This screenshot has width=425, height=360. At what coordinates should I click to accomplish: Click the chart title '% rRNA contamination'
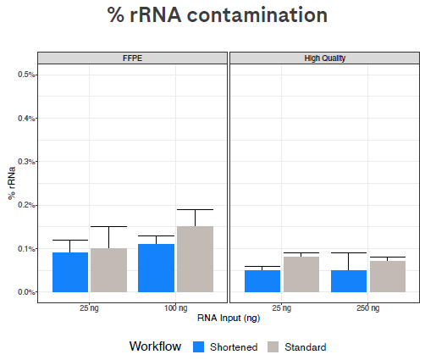coord(217,16)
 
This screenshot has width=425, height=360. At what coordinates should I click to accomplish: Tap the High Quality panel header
coord(324,58)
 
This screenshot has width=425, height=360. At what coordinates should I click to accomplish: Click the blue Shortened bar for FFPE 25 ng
coord(70,272)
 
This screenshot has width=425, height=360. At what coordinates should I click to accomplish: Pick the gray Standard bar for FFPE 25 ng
coord(108,270)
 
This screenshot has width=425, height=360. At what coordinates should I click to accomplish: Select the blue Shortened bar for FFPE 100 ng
coord(157,268)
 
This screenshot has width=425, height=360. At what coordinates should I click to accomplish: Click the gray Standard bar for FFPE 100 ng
coord(195,259)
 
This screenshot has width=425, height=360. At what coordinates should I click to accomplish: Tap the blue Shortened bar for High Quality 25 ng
coord(262,280)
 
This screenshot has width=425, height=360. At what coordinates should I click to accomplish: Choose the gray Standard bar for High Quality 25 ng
coord(301,274)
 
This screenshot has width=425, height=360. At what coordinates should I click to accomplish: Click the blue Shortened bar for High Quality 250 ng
coord(349,280)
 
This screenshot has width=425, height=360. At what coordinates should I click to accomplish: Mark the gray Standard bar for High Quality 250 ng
coord(387,276)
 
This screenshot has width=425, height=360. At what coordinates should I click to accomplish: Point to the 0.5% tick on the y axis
coord(25,75)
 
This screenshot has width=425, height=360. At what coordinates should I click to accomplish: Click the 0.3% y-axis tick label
coord(25,162)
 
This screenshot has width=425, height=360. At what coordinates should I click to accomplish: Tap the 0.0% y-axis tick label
coord(25,292)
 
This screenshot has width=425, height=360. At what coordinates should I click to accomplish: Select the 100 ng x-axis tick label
coord(175,306)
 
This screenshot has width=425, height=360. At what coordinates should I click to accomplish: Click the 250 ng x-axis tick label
coord(367,306)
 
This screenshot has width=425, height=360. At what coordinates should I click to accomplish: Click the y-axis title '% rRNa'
coord(11,183)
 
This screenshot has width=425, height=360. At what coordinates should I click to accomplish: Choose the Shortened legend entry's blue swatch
coord(199,346)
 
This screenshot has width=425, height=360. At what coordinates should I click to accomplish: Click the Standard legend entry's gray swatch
coord(273,346)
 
